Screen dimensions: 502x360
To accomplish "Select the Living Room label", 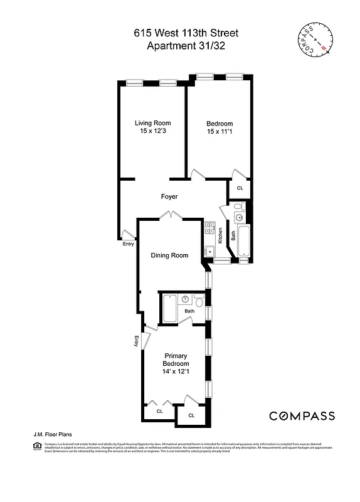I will pyautogui.click(x=154, y=122).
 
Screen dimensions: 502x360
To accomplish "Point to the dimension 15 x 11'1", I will pyautogui.click(x=220, y=132).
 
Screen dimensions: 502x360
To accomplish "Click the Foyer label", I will pyautogui.click(x=169, y=196).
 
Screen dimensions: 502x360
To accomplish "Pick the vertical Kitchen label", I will pyautogui.click(x=221, y=235).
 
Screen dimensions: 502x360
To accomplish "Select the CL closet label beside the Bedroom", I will pyautogui.click(x=240, y=188).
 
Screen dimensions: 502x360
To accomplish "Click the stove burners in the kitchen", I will pyautogui.click(x=210, y=229).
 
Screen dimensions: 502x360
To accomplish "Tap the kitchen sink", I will pyautogui.click(x=210, y=252).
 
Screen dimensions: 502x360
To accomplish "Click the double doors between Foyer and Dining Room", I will pyautogui.click(x=168, y=216).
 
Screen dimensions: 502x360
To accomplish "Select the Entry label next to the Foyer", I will pyautogui.click(x=129, y=244).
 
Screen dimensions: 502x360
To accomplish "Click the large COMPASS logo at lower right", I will pyautogui.click(x=302, y=416).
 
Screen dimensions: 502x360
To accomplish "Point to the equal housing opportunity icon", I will pyautogui.click(x=36, y=446).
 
